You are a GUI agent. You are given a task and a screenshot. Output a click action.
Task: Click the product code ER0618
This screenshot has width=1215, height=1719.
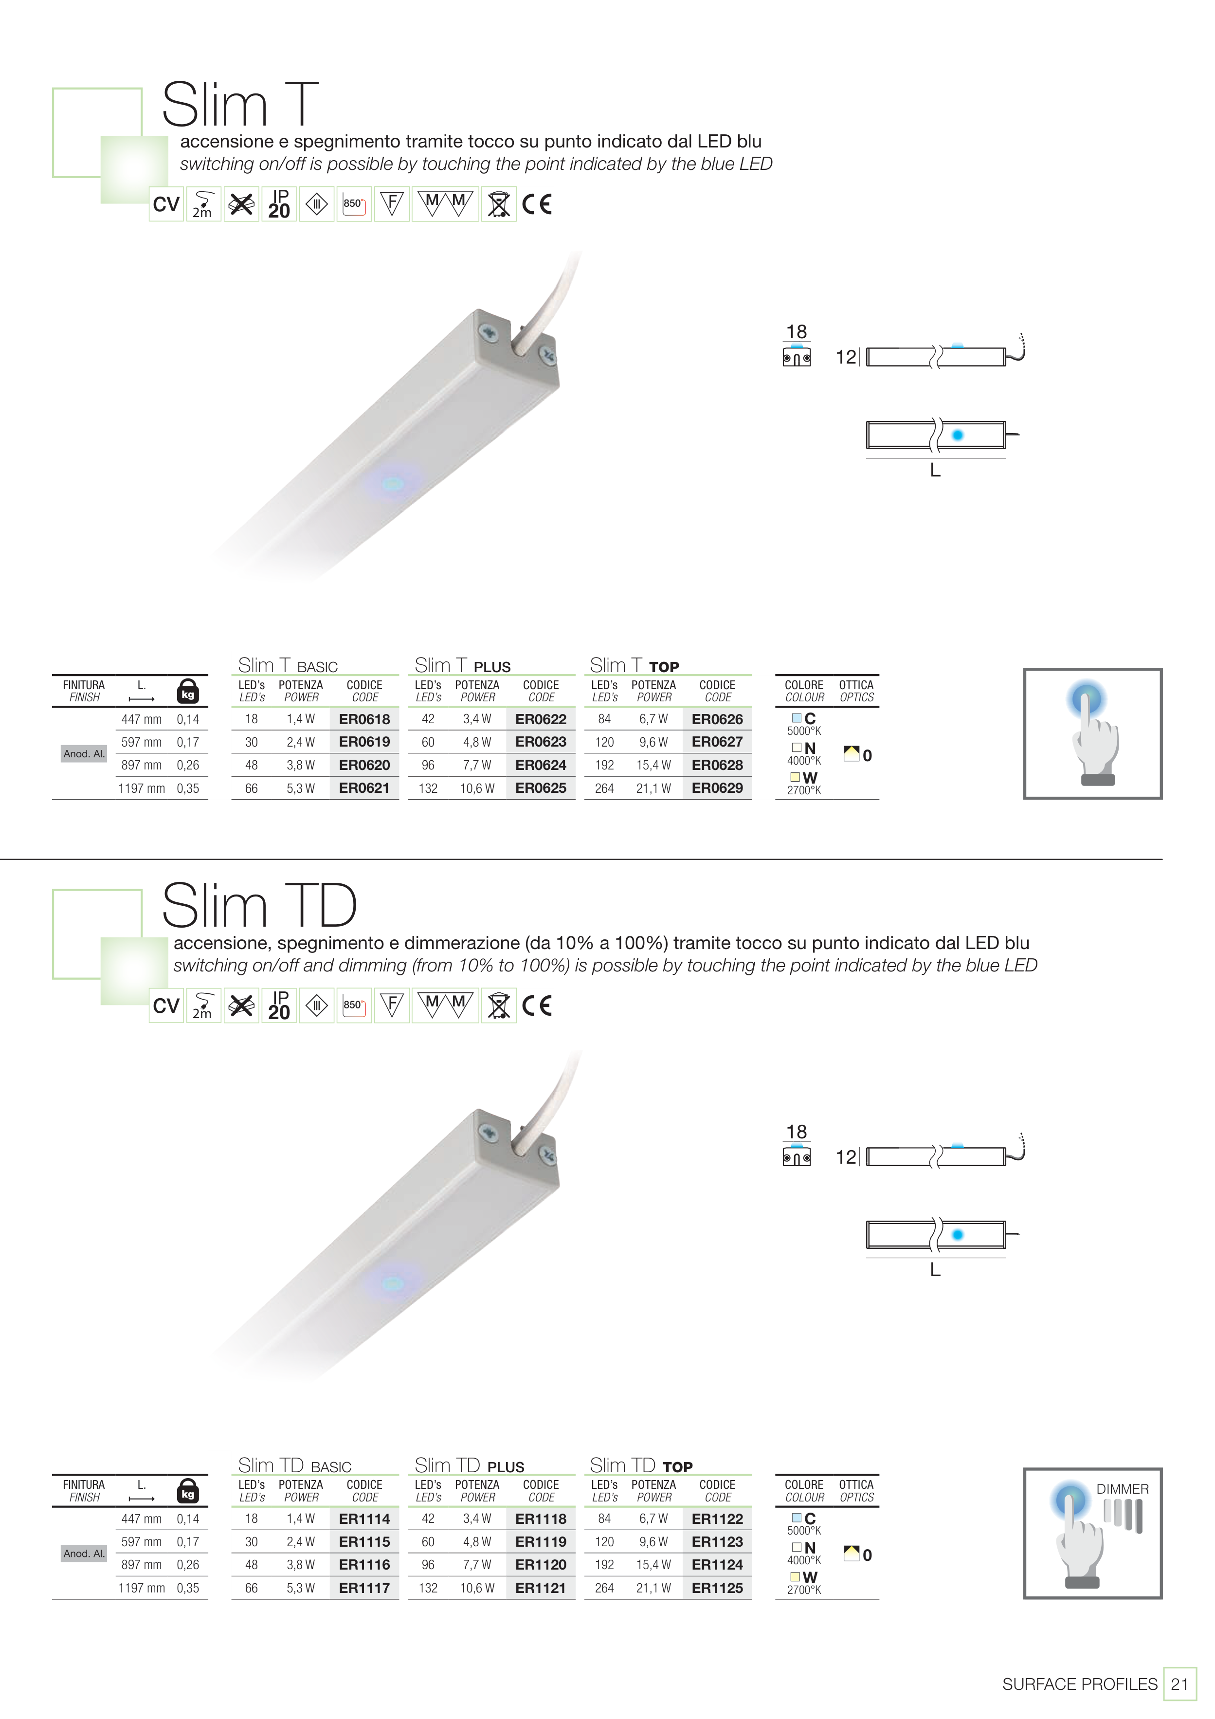click(364, 719)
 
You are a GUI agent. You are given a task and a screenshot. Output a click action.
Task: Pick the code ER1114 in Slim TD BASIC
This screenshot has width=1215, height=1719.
click(364, 1519)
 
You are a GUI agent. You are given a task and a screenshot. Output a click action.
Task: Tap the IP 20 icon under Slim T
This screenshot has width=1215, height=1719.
click(279, 203)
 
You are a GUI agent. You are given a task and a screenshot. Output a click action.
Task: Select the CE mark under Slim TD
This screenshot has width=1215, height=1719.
click(537, 1006)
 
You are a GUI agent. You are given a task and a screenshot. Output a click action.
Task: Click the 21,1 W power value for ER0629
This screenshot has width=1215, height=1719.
click(653, 788)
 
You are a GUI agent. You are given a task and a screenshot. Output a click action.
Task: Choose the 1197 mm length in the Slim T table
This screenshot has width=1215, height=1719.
click(142, 788)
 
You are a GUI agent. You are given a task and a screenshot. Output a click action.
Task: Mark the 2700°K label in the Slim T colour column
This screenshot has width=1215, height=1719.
click(804, 790)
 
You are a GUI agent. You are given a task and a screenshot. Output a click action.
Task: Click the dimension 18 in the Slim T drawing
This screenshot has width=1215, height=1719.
click(797, 331)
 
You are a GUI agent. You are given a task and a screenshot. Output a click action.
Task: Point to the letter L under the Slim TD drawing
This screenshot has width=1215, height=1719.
click(935, 1270)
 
